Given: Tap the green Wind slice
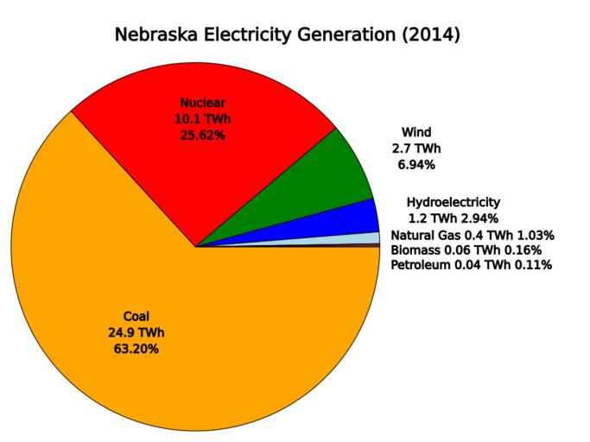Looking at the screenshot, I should point(341,177).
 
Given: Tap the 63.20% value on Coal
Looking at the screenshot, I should point(136,349).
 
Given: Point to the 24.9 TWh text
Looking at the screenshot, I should point(136,332).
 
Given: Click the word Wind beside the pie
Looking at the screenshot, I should point(416,132).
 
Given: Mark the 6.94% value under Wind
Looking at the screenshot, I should point(416,164).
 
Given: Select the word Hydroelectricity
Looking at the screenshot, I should point(453,202).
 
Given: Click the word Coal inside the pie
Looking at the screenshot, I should point(136,316).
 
